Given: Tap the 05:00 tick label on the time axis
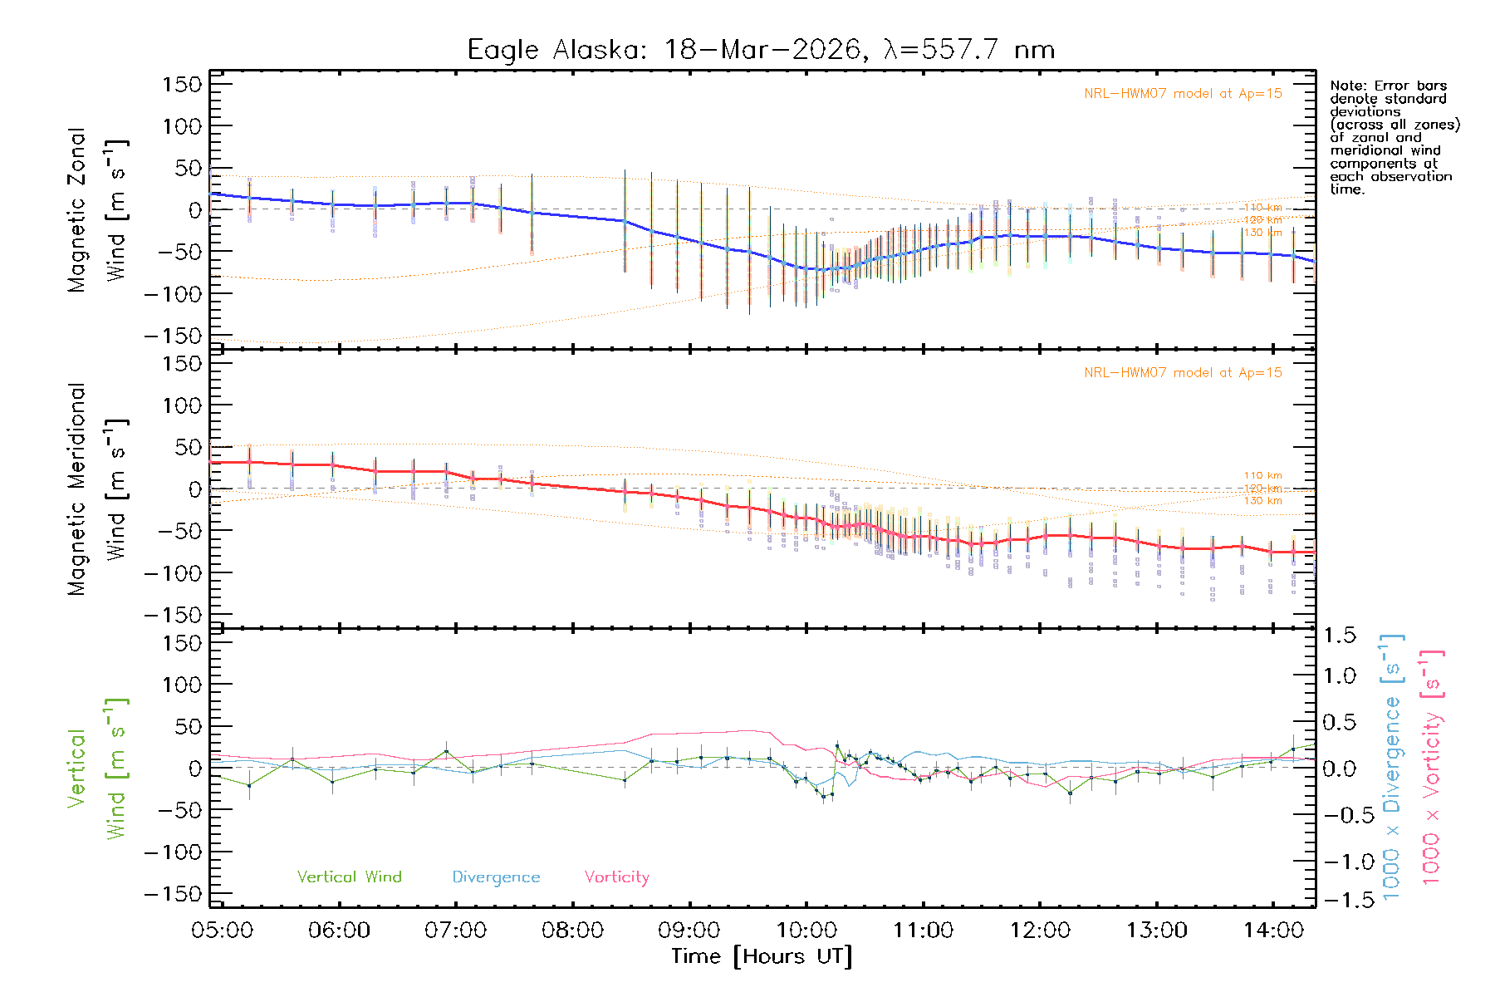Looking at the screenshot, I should (222, 931).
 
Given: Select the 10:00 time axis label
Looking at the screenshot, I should (806, 931).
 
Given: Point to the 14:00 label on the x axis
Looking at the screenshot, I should (1273, 931).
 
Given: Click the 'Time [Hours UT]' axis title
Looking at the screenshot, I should (762, 956).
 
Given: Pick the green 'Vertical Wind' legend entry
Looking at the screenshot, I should (349, 877).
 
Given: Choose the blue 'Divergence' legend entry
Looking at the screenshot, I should (496, 877).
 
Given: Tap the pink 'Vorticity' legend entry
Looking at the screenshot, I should (616, 877).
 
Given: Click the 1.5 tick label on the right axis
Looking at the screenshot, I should (1340, 636).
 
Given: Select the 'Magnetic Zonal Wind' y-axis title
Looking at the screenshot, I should (97, 209).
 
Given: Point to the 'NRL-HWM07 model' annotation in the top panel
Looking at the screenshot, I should (1183, 94).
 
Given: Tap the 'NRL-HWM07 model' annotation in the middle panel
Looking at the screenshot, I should (1183, 373).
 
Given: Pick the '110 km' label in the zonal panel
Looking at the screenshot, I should (1262, 208).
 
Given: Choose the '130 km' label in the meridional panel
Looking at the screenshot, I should (1262, 501).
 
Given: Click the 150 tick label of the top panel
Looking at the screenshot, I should (182, 85).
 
